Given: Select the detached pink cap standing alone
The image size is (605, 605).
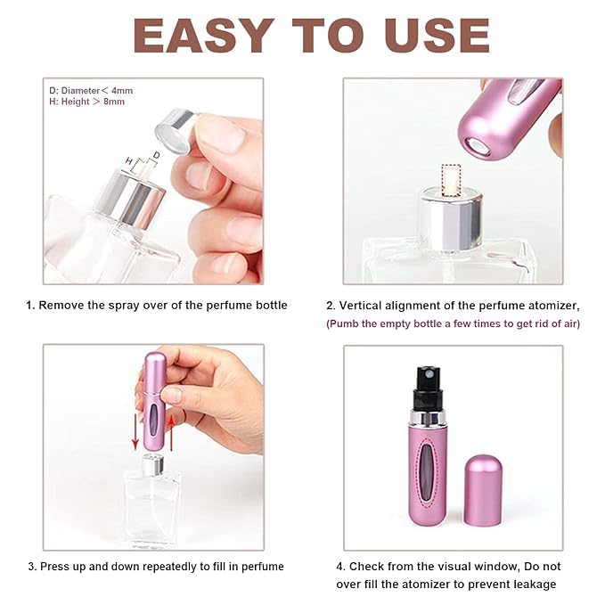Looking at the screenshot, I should click(x=482, y=493).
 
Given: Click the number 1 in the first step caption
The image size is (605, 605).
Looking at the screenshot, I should click(x=29, y=305).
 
